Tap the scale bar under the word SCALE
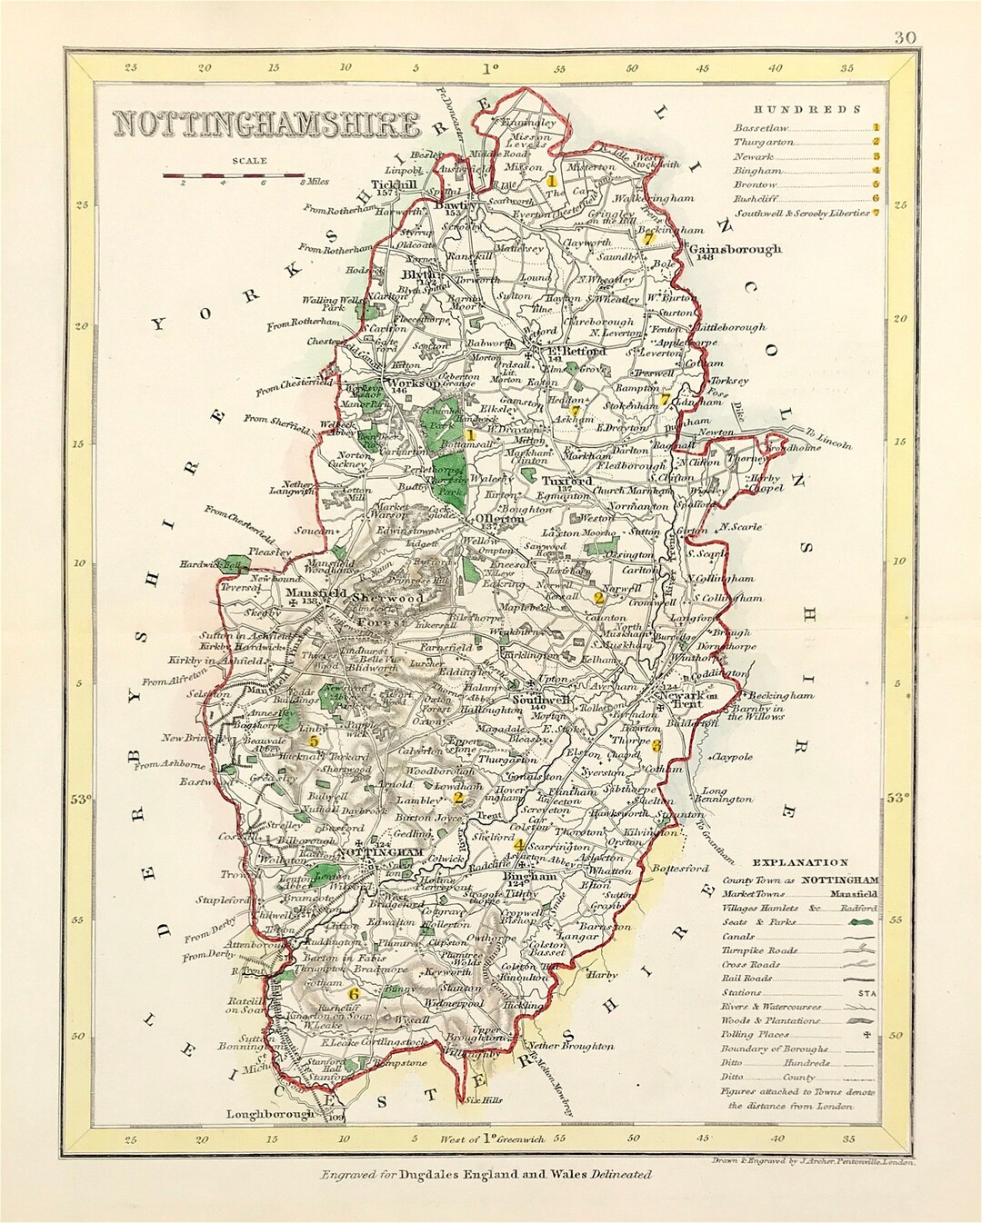[x=233, y=174]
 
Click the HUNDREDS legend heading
[x=800, y=109]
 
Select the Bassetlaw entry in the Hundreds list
[x=761, y=128]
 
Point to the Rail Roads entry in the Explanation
[x=747, y=979]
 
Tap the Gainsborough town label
[x=736, y=249]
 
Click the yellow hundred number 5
[x=314, y=741]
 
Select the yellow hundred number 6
[x=355, y=994]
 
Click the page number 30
[x=904, y=37]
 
